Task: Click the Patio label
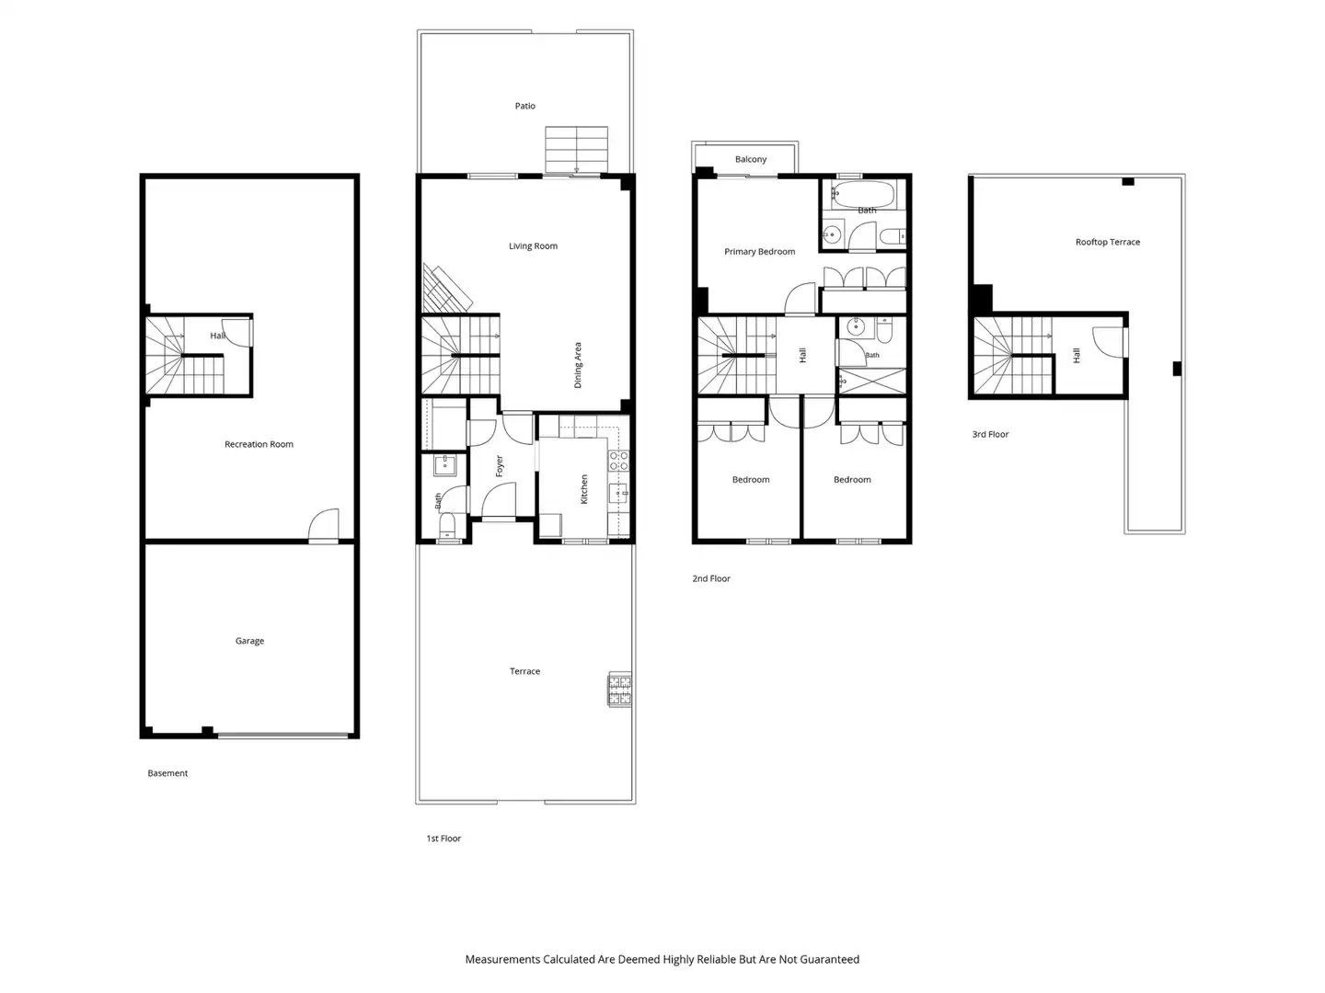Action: (524, 106)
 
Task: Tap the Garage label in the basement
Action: (249, 641)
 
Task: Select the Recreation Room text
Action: (259, 444)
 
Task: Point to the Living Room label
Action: (533, 246)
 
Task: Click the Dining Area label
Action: (578, 365)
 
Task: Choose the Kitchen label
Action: (583, 489)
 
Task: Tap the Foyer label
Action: (500, 466)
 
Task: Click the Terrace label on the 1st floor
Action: (524, 671)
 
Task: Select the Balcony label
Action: (750, 159)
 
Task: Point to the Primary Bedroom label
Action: (759, 251)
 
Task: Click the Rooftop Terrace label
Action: (1107, 242)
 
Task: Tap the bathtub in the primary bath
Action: (862, 194)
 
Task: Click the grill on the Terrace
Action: (619, 689)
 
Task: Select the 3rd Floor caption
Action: (990, 434)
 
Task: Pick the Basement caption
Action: (167, 773)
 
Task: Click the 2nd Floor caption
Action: (711, 578)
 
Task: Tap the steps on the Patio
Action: (577, 150)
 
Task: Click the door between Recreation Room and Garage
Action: (324, 526)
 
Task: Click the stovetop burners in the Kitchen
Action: (618, 462)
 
